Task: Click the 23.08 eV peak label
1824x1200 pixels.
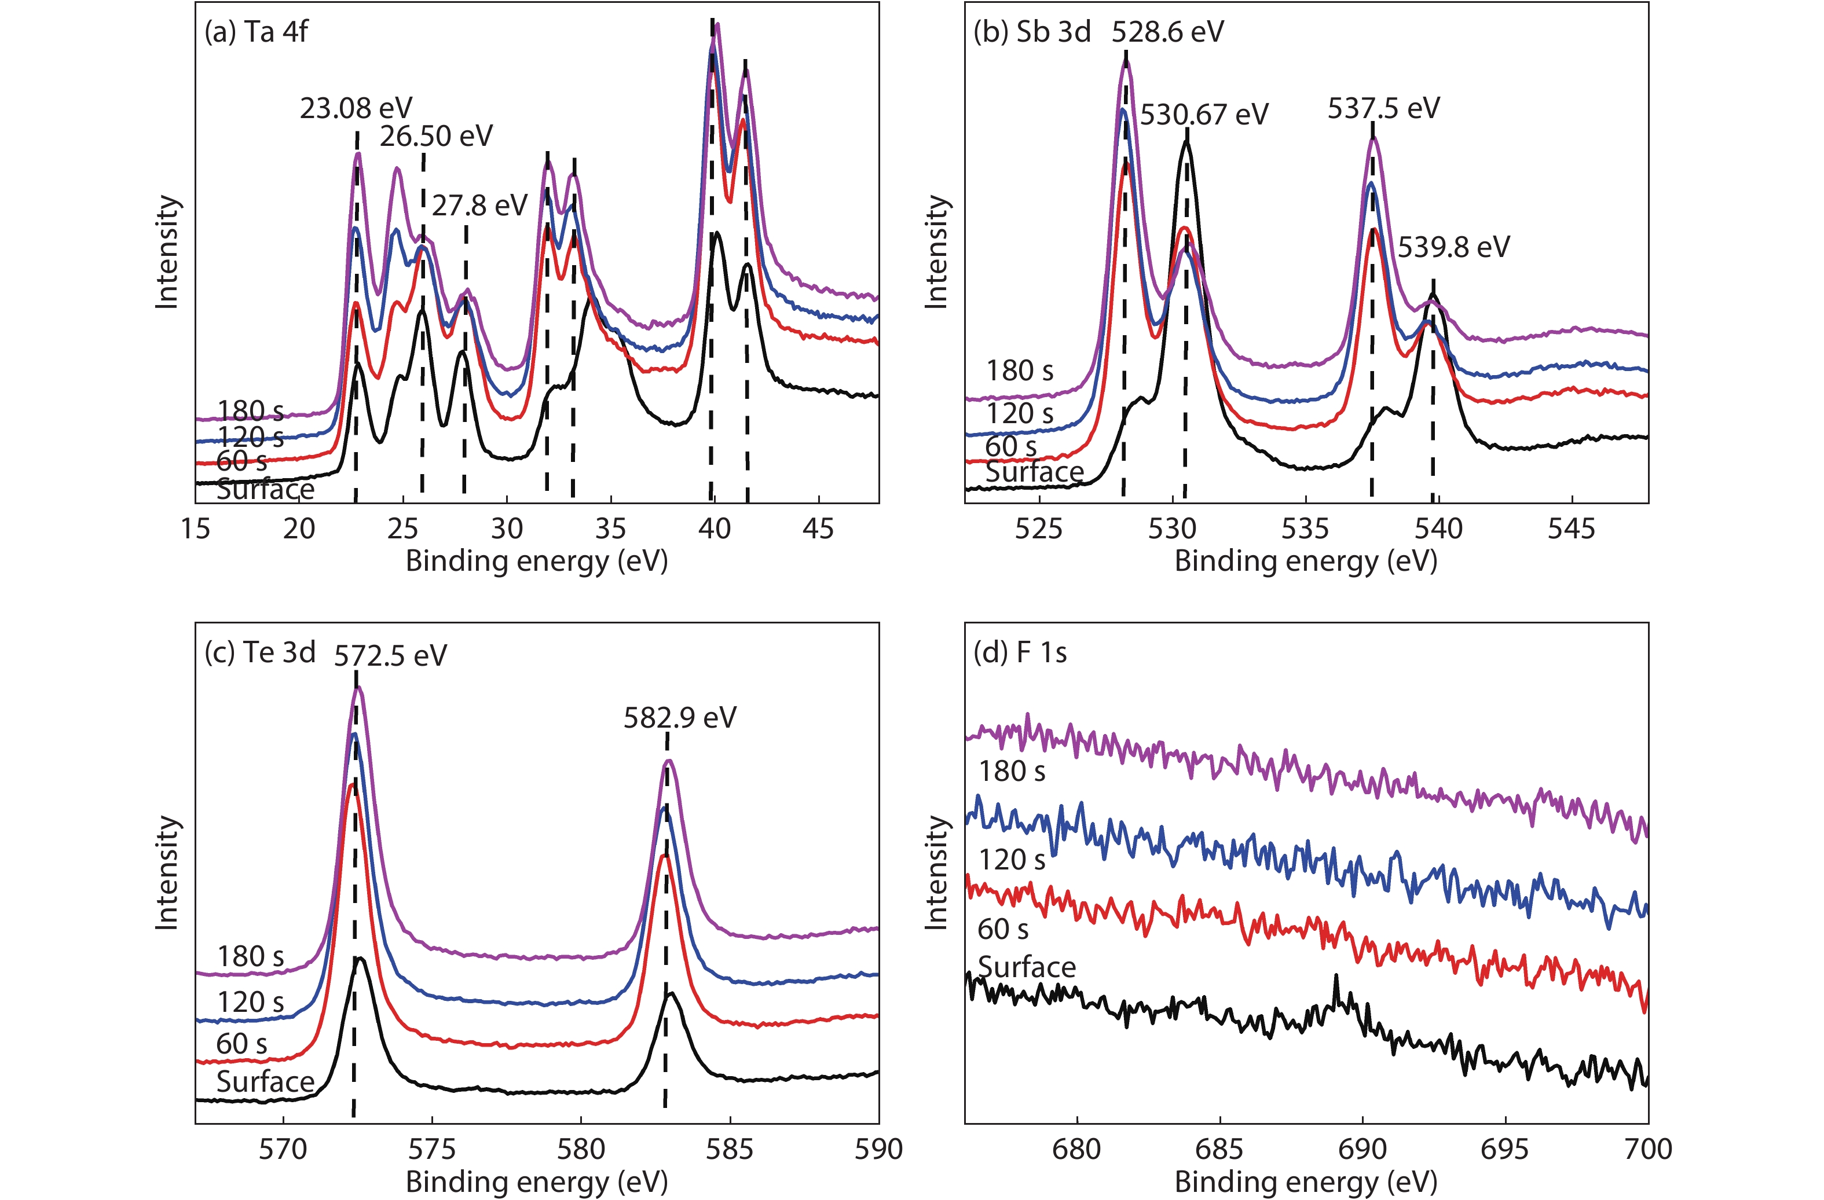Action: [x=356, y=109]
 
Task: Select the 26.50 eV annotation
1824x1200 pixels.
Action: [x=436, y=137]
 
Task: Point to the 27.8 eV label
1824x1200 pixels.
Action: [x=480, y=205]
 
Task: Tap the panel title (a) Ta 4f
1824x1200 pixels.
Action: [x=256, y=32]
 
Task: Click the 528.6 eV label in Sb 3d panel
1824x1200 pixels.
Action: [x=1167, y=32]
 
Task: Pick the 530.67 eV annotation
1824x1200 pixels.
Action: [x=1204, y=115]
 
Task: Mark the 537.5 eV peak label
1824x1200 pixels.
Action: [x=1383, y=109]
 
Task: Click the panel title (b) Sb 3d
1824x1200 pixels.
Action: [x=1031, y=32]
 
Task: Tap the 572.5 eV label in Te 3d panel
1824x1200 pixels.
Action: [x=390, y=656]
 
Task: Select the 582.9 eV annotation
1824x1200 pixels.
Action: [x=680, y=718]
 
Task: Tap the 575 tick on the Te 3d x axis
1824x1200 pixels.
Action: [x=432, y=1150]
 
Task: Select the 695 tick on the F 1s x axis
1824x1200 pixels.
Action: [x=1505, y=1150]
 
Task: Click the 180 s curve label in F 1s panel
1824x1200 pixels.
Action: [x=1012, y=771]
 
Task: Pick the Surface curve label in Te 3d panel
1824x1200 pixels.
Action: [x=265, y=1081]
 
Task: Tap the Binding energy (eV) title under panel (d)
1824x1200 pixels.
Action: [x=1305, y=1181]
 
